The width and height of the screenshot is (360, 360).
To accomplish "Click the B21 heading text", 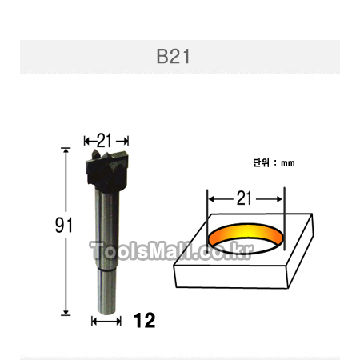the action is click(x=173, y=56).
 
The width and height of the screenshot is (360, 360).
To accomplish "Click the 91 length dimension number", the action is click(x=64, y=226).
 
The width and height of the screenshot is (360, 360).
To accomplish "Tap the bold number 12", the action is click(x=144, y=320).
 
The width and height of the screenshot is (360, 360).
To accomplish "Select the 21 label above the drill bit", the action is click(x=104, y=140).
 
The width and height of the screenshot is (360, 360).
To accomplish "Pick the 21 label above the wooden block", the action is click(x=244, y=198).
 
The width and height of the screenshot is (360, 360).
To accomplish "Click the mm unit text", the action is click(x=288, y=163).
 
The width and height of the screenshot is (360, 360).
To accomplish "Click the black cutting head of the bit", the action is click(x=107, y=170).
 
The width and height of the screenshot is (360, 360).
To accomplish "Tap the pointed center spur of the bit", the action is click(x=95, y=154).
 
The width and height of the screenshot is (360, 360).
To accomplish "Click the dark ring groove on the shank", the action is click(x=106, y=270).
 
